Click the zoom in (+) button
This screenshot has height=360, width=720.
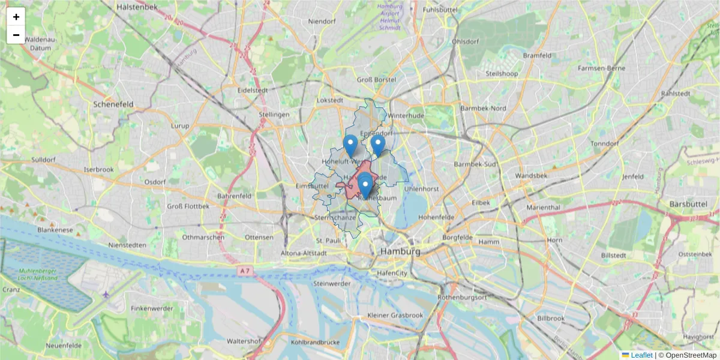(16, 17)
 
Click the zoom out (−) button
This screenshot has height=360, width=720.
(16, 35)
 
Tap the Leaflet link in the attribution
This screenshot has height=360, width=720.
(641, 355)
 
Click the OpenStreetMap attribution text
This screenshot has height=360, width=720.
(691, 355)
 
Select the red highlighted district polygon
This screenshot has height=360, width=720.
(350, 185)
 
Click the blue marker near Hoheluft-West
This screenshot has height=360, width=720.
(350, 145)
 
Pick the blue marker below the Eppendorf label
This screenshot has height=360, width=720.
(377, 145)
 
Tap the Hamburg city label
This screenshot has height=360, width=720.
(400, 252)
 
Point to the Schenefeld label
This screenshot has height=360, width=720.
(113, 104)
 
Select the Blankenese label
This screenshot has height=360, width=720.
(55, 230)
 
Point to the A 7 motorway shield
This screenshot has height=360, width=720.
(244, 271)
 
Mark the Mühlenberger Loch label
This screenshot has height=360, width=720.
(47, 274)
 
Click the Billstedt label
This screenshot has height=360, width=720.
(614, 256)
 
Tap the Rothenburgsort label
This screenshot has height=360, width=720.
(463, 297)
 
